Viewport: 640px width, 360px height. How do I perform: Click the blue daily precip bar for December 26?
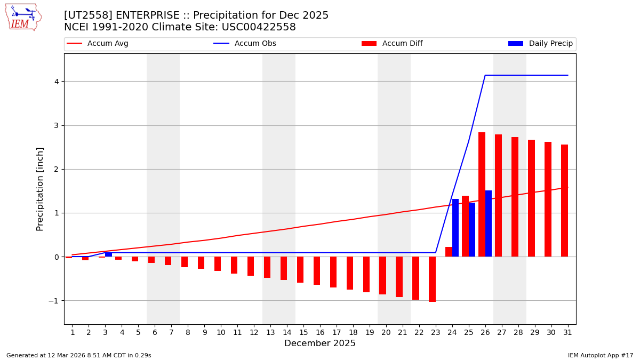click(489, 223)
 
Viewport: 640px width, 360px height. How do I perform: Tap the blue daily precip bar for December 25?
click(472, 230)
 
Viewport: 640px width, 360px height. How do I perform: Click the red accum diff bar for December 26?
click(482, 195)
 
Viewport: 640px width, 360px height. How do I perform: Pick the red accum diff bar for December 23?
click(432, 279)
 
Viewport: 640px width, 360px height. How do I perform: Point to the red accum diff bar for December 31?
click(564, 201)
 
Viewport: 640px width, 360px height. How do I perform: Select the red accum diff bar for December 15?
click(300, 269)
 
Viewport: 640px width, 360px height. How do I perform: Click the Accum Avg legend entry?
click(98, 44)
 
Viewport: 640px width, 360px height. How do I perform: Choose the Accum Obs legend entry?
click(245, 44)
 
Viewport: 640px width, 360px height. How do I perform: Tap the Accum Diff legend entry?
click(393, 44)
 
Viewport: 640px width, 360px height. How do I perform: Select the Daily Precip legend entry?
click(541, 44)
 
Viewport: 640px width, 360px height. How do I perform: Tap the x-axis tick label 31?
click(567, 333)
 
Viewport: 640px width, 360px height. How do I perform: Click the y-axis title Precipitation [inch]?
click(40, 189)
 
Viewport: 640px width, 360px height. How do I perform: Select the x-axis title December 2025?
click(320, 343)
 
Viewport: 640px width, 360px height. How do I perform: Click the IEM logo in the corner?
click(23, 17)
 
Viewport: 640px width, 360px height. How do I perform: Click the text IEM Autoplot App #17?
click(601, 355)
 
